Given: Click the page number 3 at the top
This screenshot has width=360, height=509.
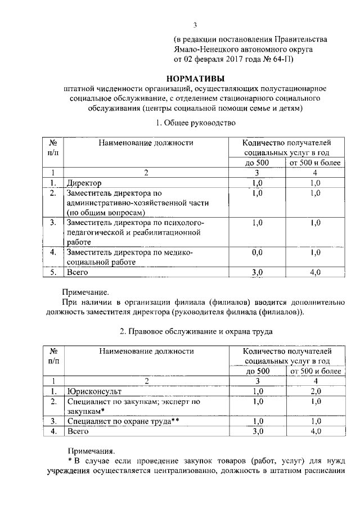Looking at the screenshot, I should [x=195, y=24].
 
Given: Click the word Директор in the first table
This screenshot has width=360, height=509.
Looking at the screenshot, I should [x=84, y=183].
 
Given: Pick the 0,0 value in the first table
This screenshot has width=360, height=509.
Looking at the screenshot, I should [x=258, y=253].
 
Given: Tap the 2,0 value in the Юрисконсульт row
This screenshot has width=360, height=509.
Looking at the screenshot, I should [x=315, y=391].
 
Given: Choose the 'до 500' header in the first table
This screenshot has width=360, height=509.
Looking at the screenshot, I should [x=257, y=163].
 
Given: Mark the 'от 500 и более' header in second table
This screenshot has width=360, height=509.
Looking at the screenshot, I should [x=315, y=371].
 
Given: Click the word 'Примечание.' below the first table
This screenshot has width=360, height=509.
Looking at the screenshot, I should [x=84, y=292].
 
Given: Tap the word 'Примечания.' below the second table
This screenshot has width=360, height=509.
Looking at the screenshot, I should [x=91, y=451].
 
